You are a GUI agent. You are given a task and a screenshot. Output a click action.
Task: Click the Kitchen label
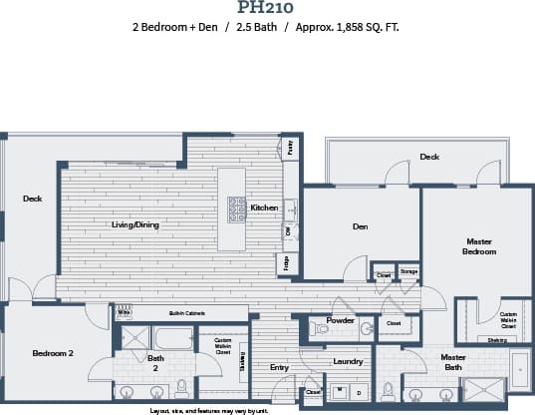tap(264, 207)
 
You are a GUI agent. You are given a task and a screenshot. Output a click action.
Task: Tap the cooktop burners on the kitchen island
tap(238, 208)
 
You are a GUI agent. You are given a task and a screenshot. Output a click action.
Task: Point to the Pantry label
tap(291, 147)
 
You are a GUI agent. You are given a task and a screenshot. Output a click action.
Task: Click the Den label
tap(361, 226)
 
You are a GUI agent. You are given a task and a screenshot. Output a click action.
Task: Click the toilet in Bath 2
tap(181, 386)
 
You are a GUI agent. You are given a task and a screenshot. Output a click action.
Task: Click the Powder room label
tap(341, 321)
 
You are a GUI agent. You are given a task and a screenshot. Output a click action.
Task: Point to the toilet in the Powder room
tap(321, 327)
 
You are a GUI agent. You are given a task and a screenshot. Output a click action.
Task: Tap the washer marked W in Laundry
tap(340, 390)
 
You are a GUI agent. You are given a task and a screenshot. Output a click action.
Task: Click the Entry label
tap(279, 367)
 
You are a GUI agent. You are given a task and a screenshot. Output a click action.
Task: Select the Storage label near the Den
tap(408, 270)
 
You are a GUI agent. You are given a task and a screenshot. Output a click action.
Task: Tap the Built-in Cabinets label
tap(186, 313)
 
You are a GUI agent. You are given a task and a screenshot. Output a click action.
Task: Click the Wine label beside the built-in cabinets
tap(125, 312)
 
